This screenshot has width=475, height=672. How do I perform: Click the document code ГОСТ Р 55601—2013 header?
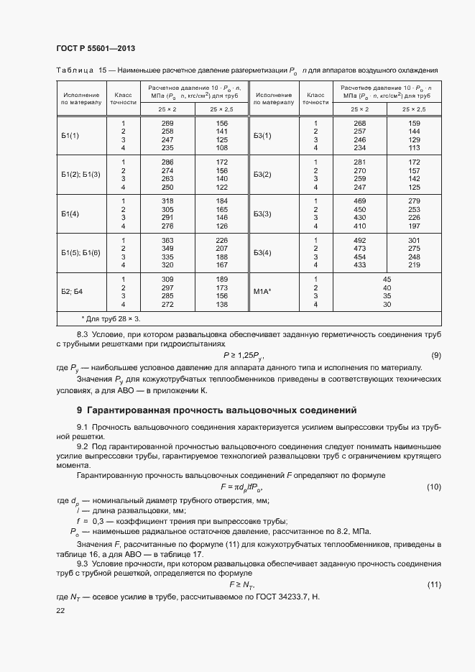coord(95,48)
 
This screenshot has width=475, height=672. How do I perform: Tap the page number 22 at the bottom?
coord(60,610)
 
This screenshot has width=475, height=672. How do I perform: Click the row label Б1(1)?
coord(70,135)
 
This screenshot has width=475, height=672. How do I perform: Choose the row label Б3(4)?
coord(262,253)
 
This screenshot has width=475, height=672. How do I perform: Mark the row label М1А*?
coord(262,292)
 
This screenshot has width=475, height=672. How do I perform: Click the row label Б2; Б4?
coord(73,292)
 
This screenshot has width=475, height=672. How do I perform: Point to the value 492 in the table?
coord(360,240)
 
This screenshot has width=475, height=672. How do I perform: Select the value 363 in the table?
coord(168,240)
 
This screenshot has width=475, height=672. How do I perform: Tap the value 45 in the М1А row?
coord(387,279)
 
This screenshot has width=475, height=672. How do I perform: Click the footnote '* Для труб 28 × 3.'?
coord(111,318)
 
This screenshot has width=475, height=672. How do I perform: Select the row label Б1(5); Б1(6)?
coord(80,253)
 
